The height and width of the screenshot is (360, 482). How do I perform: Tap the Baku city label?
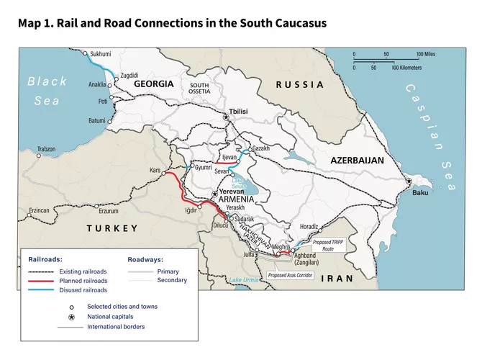pyautogui.click(x=421, y=192)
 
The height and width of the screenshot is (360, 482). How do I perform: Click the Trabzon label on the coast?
pyautogui.click(x=46, y=149)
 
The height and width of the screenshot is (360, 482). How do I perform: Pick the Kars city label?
pyautogui.click(x=154, y=171)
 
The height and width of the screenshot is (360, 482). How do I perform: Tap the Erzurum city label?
pyautogui.click(x=108, y=211)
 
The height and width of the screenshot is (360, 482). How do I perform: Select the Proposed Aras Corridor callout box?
pyautogui.click(x=291, y=275)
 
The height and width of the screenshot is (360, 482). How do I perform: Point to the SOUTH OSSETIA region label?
pyautogui.click(x=199, y=89)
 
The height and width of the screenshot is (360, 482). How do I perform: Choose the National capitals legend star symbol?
pyautogui.click(x=71, y=317)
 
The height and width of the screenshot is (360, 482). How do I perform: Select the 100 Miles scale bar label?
pyautogui.click(x=424, y=54)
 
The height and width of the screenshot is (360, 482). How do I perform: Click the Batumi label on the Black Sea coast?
pyautogui.click(x=96, y=120)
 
